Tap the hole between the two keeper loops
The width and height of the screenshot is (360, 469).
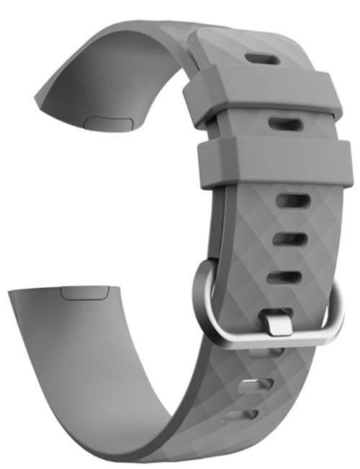[283, 122]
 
